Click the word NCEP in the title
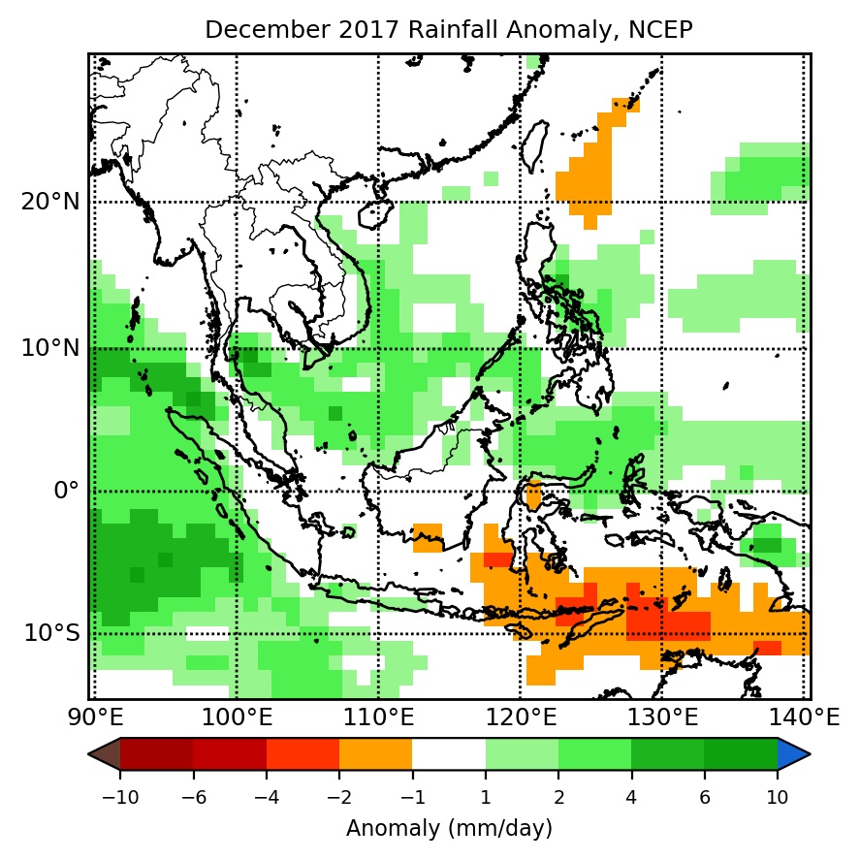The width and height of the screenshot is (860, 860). point(665,30)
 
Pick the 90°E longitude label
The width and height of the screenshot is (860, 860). point(92,718)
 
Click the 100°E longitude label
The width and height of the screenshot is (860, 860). point(237,718)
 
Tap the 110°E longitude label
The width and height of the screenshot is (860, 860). point(378,718)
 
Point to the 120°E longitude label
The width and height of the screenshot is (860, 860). point(521,718)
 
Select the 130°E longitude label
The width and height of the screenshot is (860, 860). point(661,718)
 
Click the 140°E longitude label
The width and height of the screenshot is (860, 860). point(811,718)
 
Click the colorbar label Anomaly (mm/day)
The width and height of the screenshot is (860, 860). point(449,829)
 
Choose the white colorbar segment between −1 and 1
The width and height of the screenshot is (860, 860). point(449,753)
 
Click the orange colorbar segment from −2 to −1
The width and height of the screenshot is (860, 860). point(375,753)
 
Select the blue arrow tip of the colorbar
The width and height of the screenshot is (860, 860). point(792,753)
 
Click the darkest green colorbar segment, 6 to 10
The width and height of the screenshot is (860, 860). point(741,753)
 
